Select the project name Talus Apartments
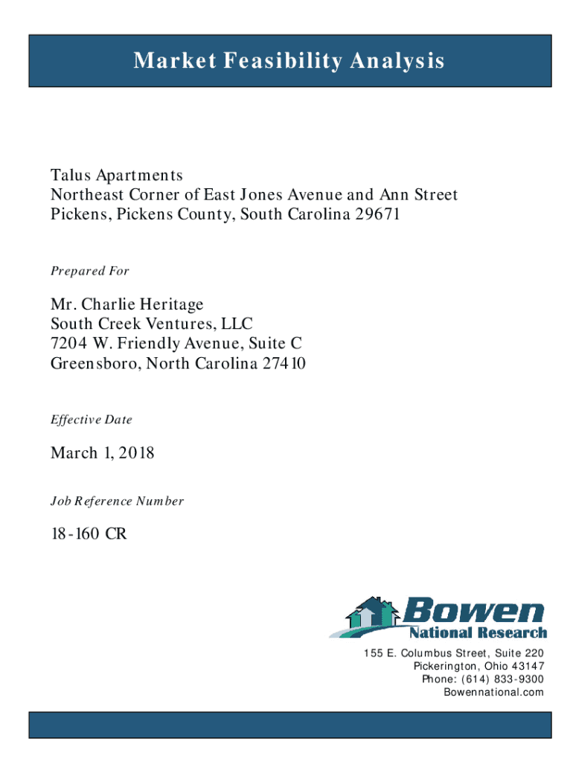pos(116,176)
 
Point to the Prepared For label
pos(90,271)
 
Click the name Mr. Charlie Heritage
pos(127,305)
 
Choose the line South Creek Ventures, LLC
pos(152,324)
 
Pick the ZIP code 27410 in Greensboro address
pos(284,364)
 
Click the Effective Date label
pos(92,420)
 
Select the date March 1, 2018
pos(103,452)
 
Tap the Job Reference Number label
pos(117,502)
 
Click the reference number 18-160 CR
pos(83,534)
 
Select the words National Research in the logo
pos(478,633)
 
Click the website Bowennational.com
pos(493,692)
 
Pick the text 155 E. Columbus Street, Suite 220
pos(454,653)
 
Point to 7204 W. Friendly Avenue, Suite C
pos(176,344)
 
